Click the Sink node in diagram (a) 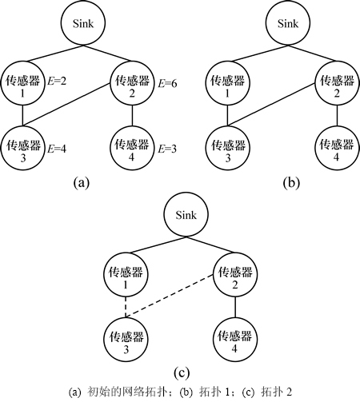pos(83,23)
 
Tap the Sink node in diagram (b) pos(288,23)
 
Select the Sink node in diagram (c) pos(186,214)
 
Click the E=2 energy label pos(57,81)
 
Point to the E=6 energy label pos(167,84)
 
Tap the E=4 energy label pos(57,149)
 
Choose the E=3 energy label pos(167,149)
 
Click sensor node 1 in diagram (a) pos(22,84)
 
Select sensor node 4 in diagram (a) pos(133,148)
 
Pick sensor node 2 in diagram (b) pos(337,84)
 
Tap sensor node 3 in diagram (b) pos(228,148)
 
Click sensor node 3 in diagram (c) pos(126,340)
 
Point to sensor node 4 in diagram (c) pos(235,340)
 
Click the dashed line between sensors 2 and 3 pos(170,296)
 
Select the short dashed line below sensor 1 pos(126,307)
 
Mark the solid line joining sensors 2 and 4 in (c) pos(235,307)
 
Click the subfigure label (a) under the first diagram pos(82,182)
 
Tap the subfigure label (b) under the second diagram pos(291,182)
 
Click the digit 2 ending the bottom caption pos(289,392)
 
